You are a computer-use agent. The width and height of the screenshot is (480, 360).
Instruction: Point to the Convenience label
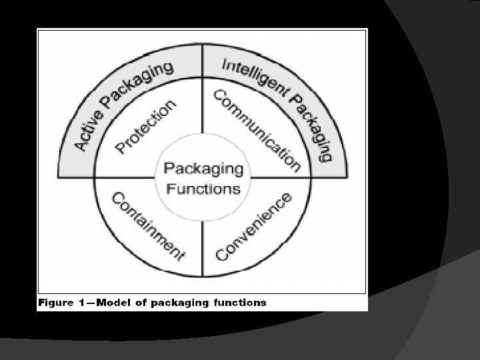(x=254, y=227)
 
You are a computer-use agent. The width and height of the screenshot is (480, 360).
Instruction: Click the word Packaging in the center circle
(x=203, y=169)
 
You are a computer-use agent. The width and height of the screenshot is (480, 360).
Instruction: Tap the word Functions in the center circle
(x=203, y=188)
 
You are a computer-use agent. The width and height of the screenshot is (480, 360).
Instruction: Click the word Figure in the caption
(x=56, y=303)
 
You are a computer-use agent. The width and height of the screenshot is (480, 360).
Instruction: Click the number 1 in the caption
(x=82, y=303)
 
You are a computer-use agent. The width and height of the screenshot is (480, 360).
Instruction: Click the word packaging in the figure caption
(x=180, y=303)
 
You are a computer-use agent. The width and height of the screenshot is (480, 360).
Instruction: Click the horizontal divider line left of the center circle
(x=123, y=178)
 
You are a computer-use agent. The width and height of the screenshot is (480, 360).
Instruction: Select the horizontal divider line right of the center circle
(x=280, y=178)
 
